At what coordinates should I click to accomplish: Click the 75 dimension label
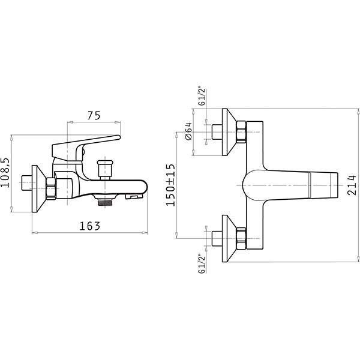click(x=94, y=115)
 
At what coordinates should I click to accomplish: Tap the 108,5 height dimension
click(x=5, y=173)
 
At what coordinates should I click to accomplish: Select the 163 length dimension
click(x=90, y=226)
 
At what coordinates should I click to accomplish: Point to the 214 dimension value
click(x=352, y=185)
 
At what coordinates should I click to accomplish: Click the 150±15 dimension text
click(x=170, y=185)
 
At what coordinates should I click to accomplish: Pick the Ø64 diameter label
click(x=188, y=131)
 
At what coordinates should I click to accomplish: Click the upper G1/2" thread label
click(x=202, y=96)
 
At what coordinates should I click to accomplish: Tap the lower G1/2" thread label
click(x=202, y=263)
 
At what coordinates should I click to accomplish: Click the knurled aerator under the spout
click(x=105, y=203)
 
